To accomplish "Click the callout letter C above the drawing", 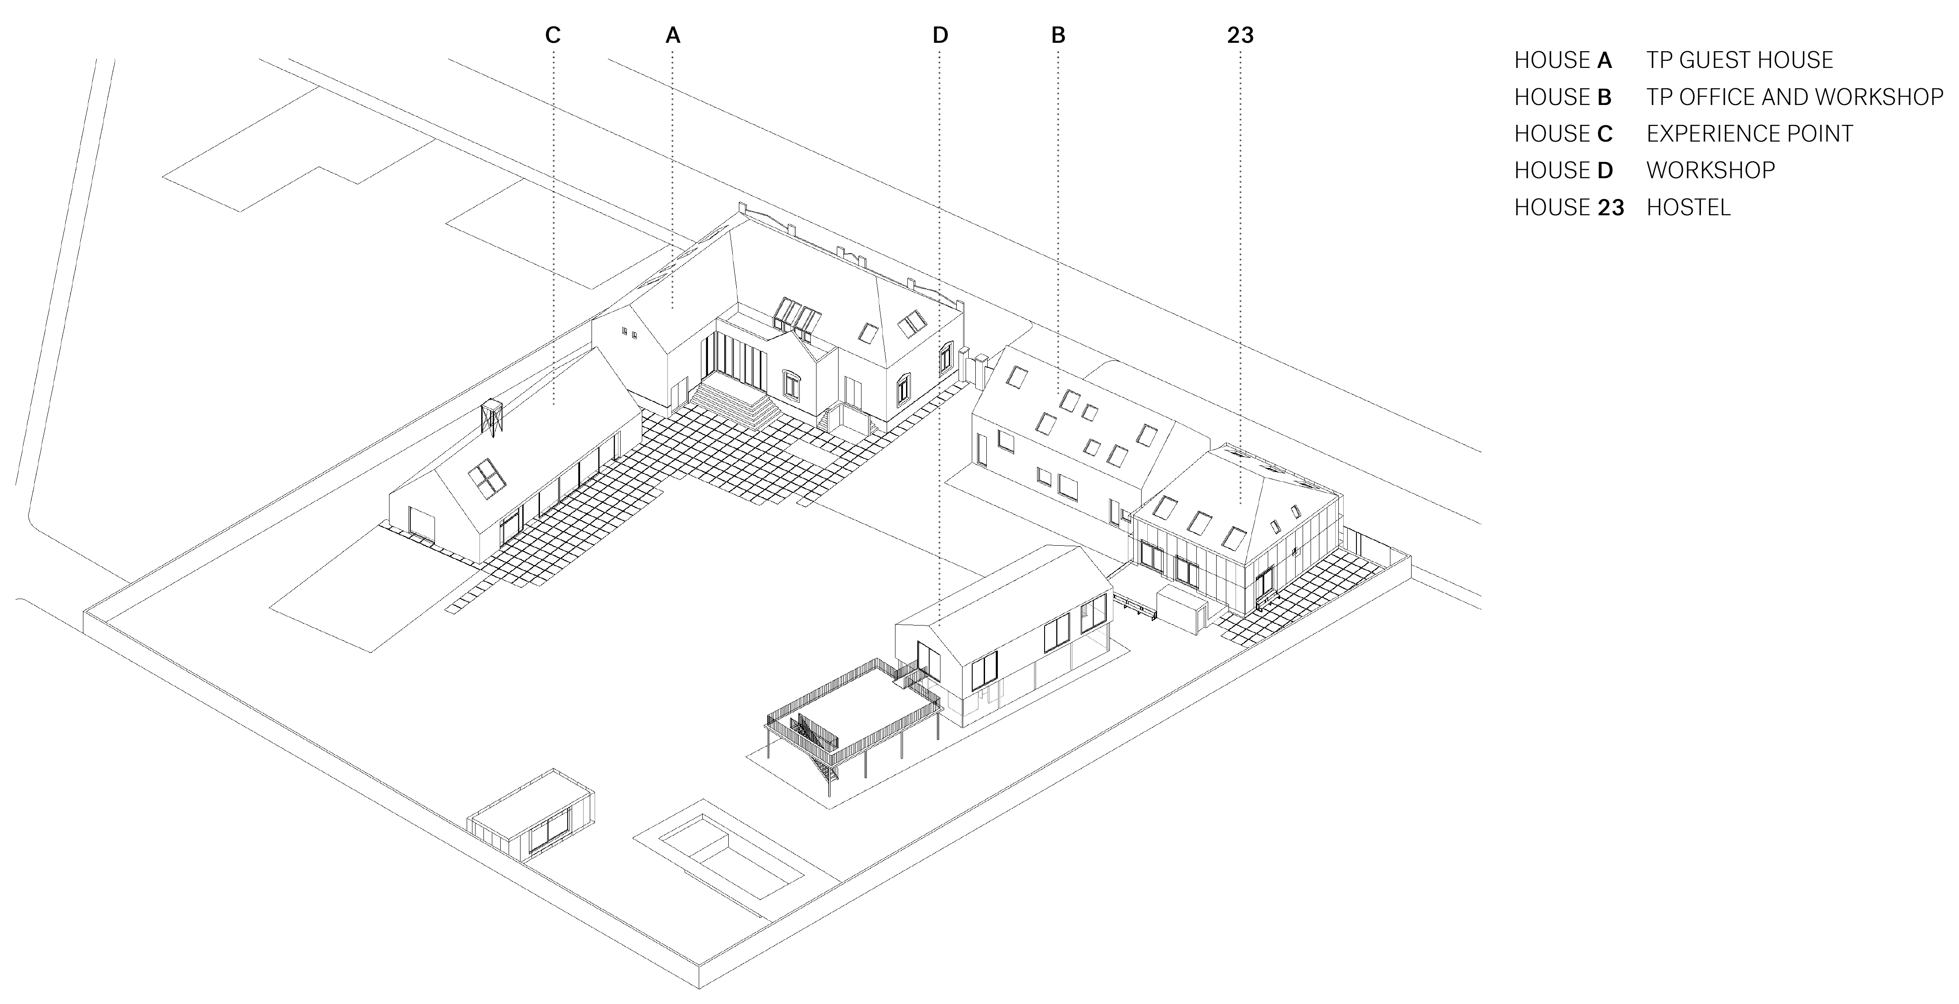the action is (553, 35).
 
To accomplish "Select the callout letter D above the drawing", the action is (940, 35).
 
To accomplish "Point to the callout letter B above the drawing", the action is (1058, 35).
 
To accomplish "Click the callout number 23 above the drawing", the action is (1240, 35).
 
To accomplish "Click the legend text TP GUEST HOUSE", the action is (1739, 60).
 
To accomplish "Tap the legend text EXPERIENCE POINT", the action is (1749, 134).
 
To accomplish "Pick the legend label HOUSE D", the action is (1563, 170).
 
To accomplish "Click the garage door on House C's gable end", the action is (420, 523).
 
